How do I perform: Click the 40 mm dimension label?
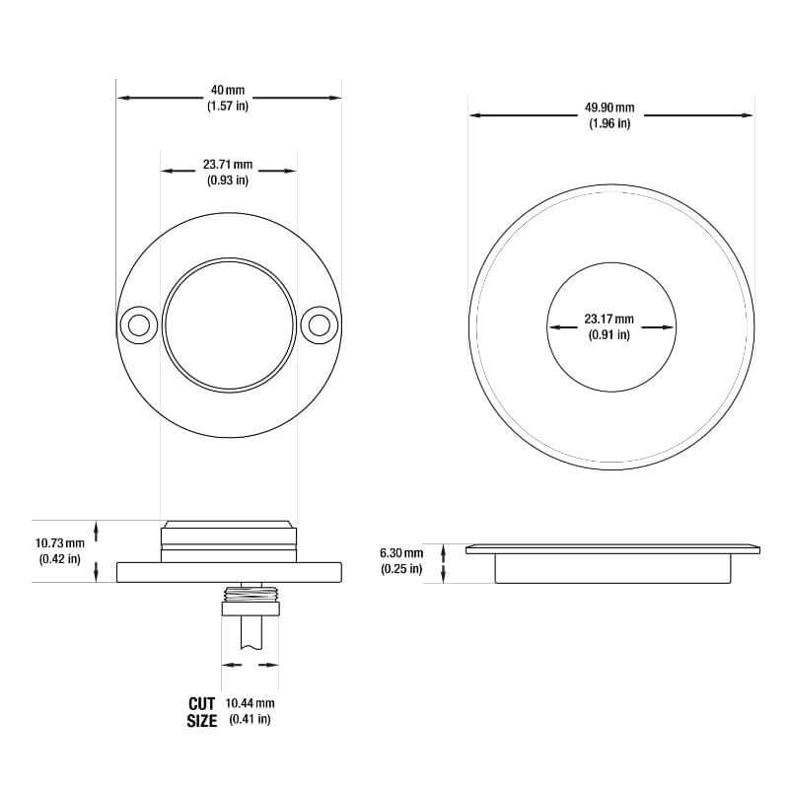tap(228, 91)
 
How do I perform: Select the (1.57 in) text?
tap(228, 106)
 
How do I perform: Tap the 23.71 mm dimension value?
tap(228, 165)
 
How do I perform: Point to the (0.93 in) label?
tap(228, 179)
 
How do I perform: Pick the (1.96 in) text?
tap(610, 123)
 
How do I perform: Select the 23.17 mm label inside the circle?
tap(609, 320)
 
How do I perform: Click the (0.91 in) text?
tap(609, 334)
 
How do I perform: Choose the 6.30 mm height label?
tap(401, 553)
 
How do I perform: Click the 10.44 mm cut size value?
tap(251, 703)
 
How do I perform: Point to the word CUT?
tap(201, 703)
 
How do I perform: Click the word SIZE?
tap(201, 721)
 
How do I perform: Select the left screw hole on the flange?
tap(137, 324)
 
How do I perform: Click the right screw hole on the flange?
tap(319, 324)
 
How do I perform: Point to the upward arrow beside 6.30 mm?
tap(444, 547)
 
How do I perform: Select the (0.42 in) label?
tap(59, 559)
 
